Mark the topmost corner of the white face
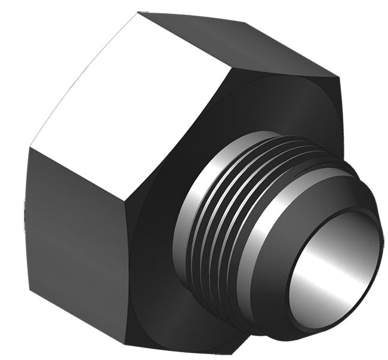tap(138, 12)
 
